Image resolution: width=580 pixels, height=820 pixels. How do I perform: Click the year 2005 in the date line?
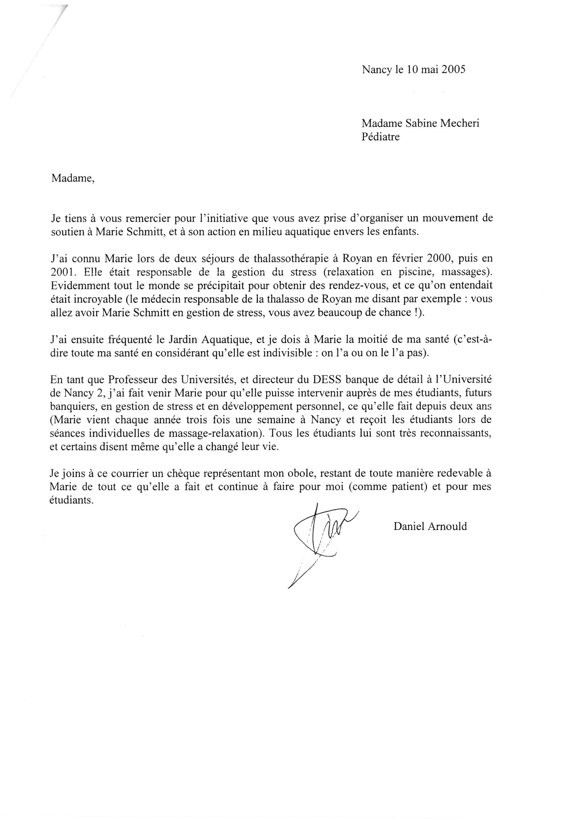[453, 69]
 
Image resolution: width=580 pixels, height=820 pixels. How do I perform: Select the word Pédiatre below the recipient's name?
[381, 137]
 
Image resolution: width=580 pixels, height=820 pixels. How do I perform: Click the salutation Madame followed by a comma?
[73, 178]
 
